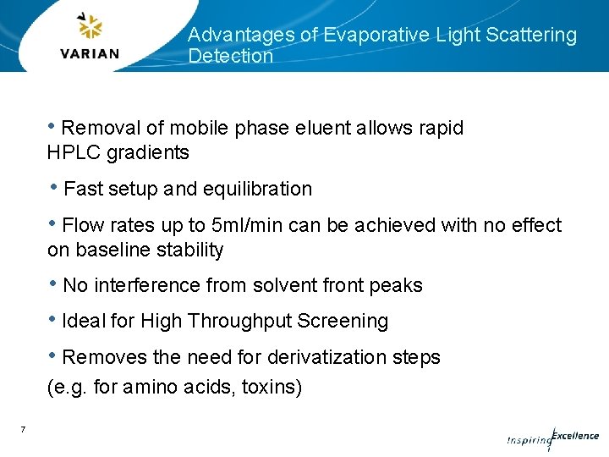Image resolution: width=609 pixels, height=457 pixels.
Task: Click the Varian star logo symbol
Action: coord(90,28)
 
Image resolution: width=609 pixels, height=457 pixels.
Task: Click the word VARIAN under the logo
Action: coord(90,53)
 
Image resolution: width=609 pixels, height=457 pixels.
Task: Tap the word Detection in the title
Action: coord(230,57)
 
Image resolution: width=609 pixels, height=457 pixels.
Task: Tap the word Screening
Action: coord(352,322)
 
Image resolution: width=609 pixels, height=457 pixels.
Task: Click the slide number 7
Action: coord(23,430)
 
